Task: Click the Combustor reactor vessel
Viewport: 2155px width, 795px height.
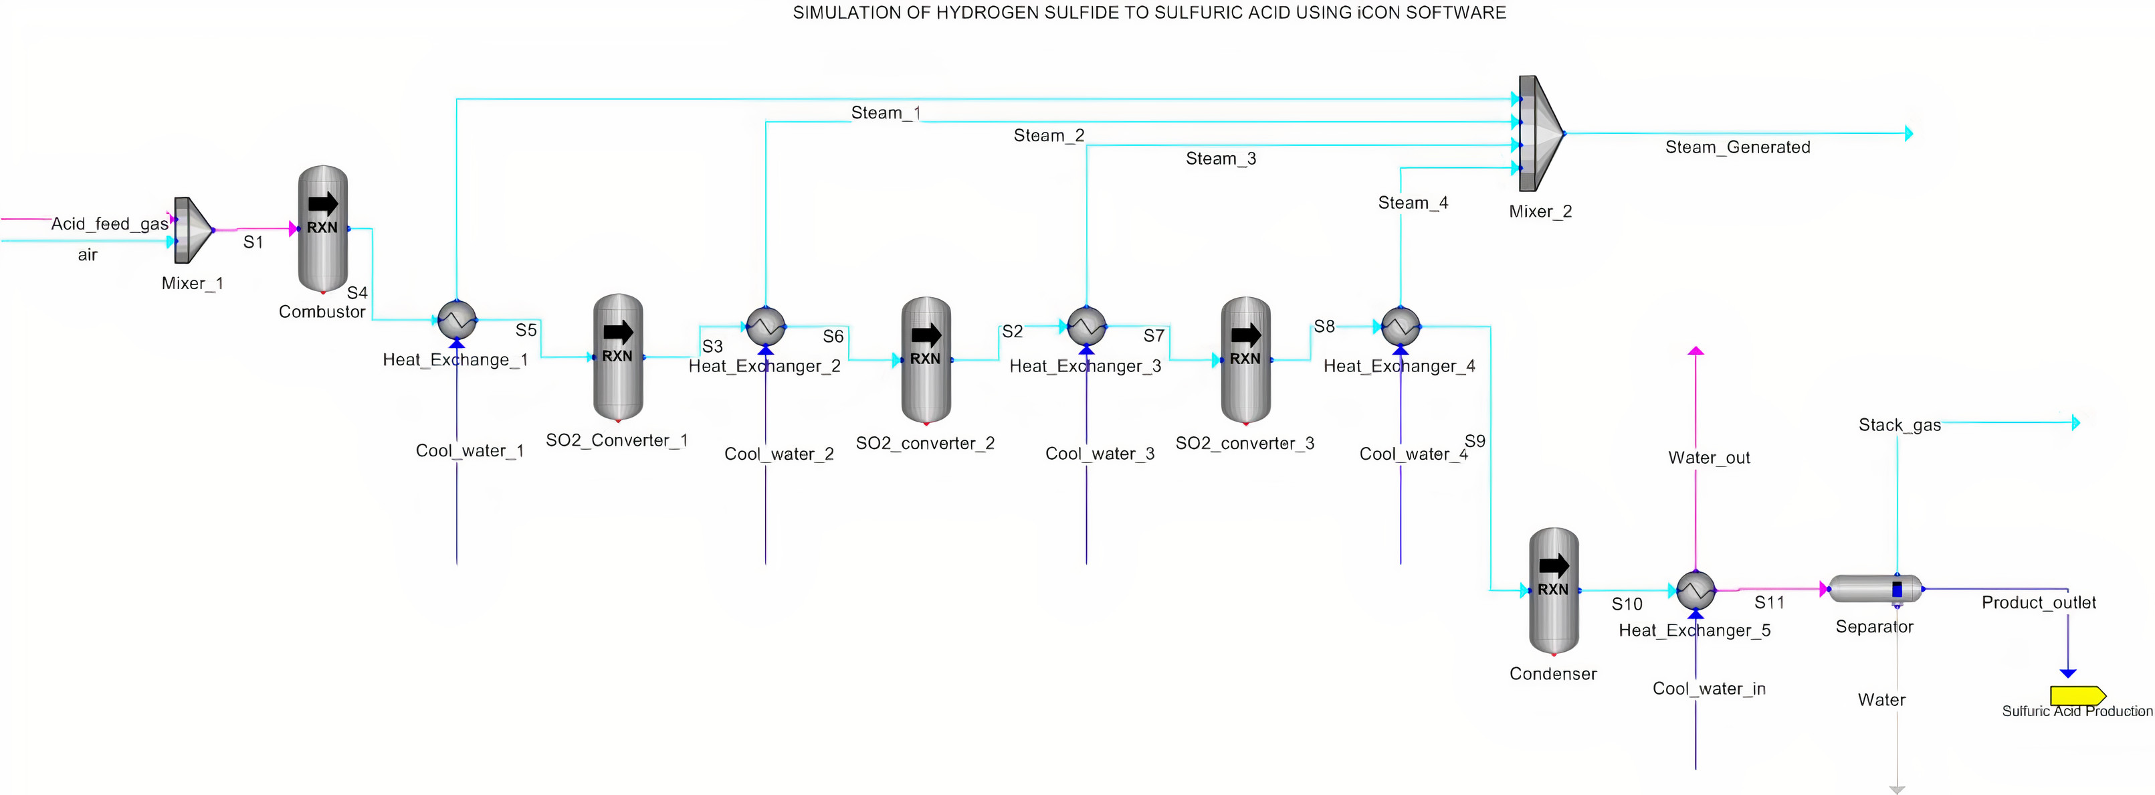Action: pyautogui.click(x=323, y=228)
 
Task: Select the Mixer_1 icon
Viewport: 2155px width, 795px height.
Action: pyautogui.click(x=193, y=230)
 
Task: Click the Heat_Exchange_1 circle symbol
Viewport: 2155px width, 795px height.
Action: pyautogui.click(x=457, y=320)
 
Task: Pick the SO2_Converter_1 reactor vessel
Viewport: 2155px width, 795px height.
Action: pyautogui.click(x=617, y=357)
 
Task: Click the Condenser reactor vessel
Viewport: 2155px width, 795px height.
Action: pyautogui.click(x=1554, y=590)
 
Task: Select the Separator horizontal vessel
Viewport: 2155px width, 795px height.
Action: pyautogui.click(x=1875, y=589)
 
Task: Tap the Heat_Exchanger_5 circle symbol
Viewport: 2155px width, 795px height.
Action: pyautogui.click(x=1696, y=591)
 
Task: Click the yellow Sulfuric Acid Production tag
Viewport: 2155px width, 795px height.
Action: pyautogui.click(x=2077, y=695)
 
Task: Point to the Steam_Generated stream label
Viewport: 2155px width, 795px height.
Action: pyautogui.click(x=1737, y=147)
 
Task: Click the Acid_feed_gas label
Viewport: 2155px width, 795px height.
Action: pyautogui.click(x=110, y=224)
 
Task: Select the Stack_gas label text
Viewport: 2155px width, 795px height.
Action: pyautogui.click(x=1899, y=425)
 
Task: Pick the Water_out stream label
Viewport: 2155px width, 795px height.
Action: pyautogui.click(x=1708, y=458)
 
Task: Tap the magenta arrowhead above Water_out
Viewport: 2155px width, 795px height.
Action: pyautogui.click(x=1696, y=351)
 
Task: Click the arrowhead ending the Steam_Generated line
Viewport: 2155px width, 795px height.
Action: pyautogui.click(x=1908, y=133)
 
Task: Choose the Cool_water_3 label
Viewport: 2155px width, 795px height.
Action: pyautogui.click(x=1100, y=454)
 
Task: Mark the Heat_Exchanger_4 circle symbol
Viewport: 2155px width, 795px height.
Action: pyautogui.click(x=1401, y=327)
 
